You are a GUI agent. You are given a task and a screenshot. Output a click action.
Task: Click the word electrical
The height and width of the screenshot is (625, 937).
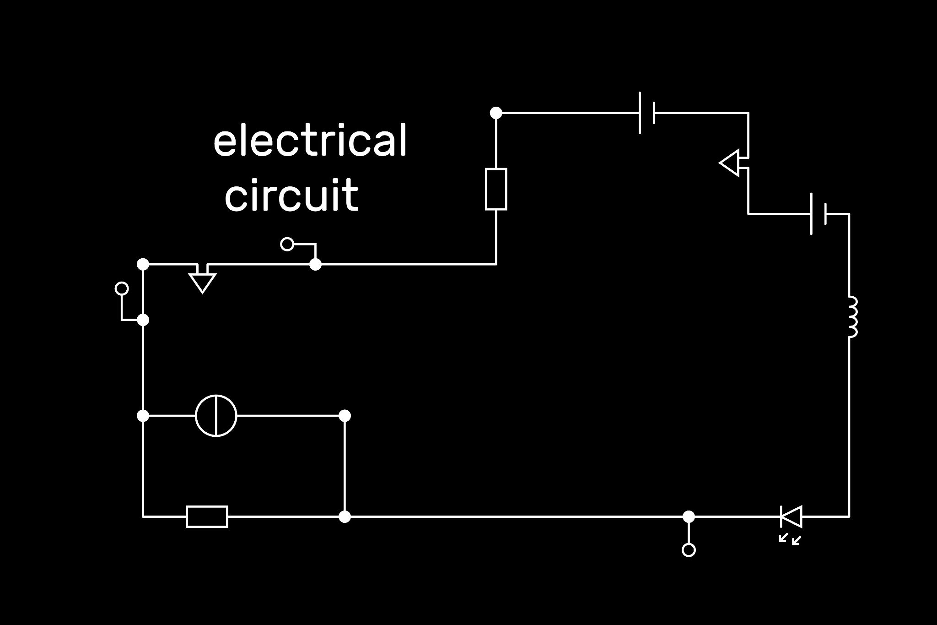(310, 139)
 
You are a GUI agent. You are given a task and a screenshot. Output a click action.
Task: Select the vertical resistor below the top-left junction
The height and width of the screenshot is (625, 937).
(496, 189)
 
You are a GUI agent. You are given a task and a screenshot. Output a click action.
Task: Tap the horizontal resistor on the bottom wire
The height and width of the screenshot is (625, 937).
(207, 516)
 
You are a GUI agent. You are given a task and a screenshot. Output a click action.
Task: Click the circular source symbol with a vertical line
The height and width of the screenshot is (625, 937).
(216, 416)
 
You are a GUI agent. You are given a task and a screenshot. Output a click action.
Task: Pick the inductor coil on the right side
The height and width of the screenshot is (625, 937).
(852, 317)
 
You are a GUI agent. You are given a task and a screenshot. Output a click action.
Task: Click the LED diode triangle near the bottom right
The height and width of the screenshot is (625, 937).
(792, 516)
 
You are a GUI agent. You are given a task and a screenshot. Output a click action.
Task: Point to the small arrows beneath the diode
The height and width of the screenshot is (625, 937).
(790, 539)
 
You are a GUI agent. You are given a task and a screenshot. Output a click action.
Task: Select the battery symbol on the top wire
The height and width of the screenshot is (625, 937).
(647, 113)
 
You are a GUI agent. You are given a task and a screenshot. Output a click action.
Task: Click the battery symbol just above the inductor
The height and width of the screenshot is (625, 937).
(819, 214)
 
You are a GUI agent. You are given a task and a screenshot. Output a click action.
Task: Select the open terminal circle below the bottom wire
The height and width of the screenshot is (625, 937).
(689, 549)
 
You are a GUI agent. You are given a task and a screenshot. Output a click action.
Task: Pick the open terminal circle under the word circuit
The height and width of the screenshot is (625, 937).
(287, 244)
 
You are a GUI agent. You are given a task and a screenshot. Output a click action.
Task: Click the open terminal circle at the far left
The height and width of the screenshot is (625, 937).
(122, 288)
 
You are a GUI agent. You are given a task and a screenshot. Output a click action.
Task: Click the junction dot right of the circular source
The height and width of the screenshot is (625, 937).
(345, 416)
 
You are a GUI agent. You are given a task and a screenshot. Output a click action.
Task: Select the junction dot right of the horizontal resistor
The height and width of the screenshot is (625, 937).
(345, 516)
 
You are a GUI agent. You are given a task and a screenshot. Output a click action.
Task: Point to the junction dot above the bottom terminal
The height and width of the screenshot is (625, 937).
(689, 516)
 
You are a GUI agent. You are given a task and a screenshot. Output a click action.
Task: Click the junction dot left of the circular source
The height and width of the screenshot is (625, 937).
(143, 416)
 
